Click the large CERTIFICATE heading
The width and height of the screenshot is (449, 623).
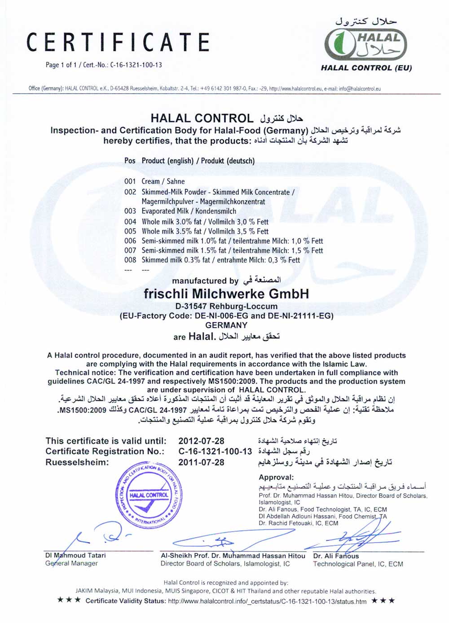118,42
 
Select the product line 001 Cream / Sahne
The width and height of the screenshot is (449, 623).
154,181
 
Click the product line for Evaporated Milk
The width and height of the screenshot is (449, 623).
180,211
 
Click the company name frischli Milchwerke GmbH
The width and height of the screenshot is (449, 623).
226,294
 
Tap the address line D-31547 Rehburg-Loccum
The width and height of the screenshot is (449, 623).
226,306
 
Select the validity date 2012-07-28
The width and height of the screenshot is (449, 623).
201,441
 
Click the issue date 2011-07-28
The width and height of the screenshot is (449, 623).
201,462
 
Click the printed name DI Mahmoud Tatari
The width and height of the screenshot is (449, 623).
75,555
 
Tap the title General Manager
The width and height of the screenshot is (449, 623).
71,563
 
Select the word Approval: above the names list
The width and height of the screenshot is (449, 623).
276,478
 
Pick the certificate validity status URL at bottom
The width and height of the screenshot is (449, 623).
267,601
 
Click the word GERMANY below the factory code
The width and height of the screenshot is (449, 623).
226,325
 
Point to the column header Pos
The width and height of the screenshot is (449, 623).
130,161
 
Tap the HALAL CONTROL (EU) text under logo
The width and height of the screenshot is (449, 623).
366,68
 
